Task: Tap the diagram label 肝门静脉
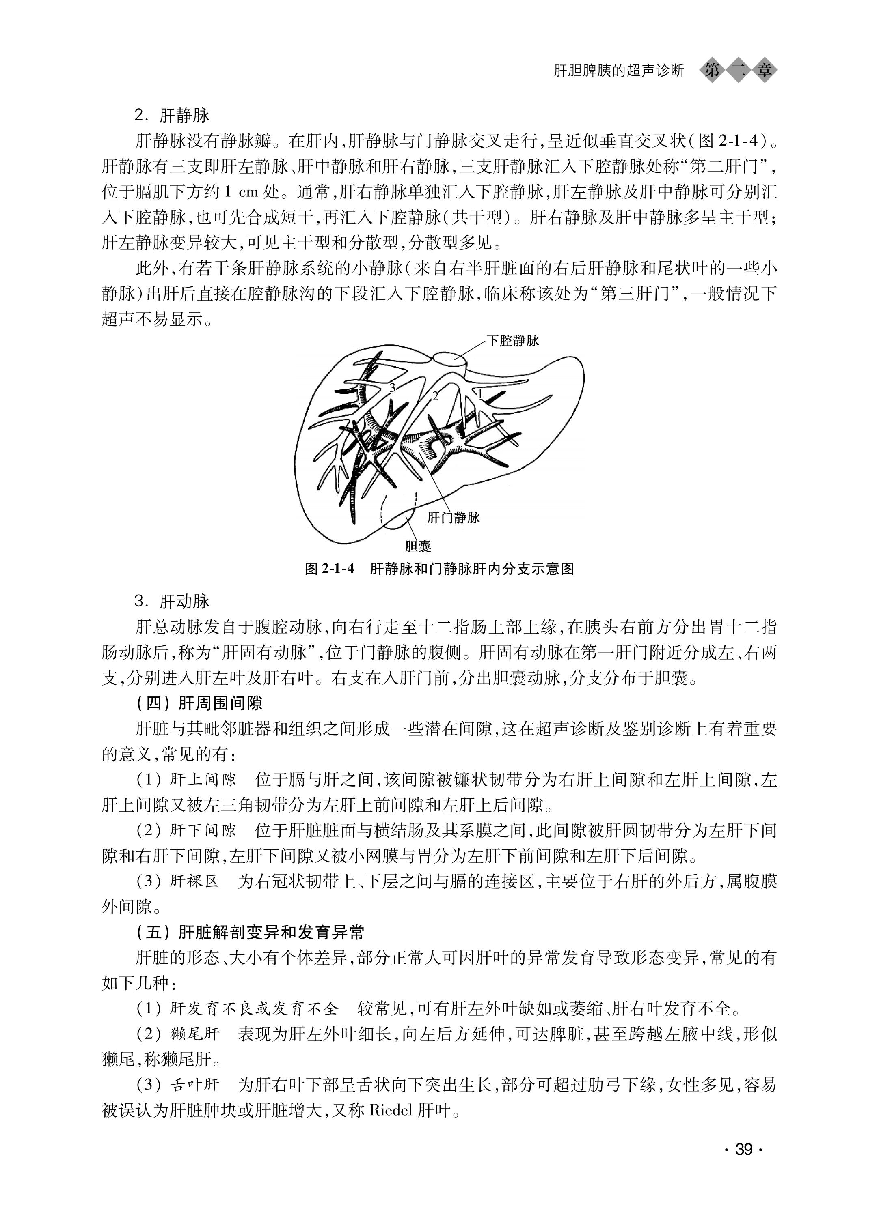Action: pyautogui.click(x=453, y=518)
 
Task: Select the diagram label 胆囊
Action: pyautogui.click(x=418, y=546)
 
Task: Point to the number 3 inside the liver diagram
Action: pyautogui.click(x=392, y=387)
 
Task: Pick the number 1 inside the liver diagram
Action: pyautogui.click(x=479, y=394)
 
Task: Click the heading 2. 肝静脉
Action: pyautogui.click(x=172, y=115)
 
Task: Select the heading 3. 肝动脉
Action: pyautogui.click(x=172, y=601)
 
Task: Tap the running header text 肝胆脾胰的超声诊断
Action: pyautogui.click(x=619, y=71)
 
